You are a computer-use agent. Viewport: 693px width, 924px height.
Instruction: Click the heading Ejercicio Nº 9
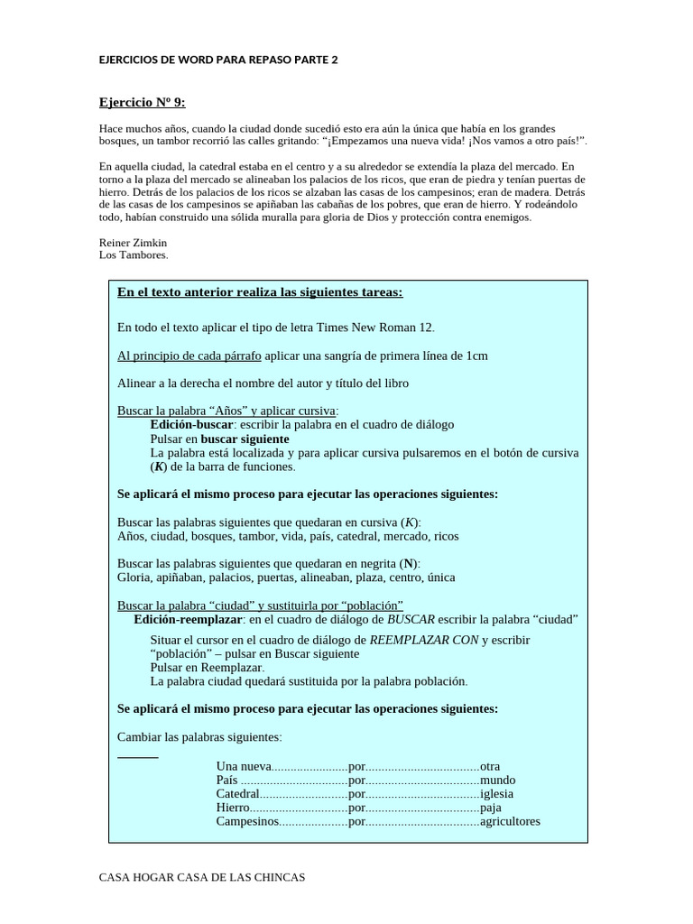coord(142,103)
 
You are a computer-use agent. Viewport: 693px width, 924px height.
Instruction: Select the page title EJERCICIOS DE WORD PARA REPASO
coord(218,60)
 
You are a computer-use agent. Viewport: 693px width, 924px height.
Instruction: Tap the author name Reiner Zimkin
coord(133,243)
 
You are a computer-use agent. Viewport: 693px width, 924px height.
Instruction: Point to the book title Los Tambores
coord(133,254)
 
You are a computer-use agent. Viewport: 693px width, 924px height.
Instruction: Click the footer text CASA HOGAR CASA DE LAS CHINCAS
coord(202,877)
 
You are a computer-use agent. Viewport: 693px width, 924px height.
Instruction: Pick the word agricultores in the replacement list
coord(510,821)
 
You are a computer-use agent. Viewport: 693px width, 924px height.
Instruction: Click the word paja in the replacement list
coord(491,808)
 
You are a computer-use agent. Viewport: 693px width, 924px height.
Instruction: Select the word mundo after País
coord(498,781)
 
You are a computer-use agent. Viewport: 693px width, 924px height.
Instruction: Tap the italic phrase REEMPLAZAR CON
coord(424,640)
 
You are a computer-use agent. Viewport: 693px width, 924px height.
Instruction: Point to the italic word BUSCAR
coord(411,619)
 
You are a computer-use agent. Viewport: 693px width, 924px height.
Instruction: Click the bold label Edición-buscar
coord(191,424)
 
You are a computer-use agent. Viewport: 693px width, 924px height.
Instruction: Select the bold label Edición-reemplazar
coord(188,619)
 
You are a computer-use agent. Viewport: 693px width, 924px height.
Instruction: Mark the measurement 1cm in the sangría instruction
coord(477,356)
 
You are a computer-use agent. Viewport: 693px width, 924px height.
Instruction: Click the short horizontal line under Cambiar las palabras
coord(138,757)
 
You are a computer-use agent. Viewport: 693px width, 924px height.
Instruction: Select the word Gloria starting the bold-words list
coord(134,577)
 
